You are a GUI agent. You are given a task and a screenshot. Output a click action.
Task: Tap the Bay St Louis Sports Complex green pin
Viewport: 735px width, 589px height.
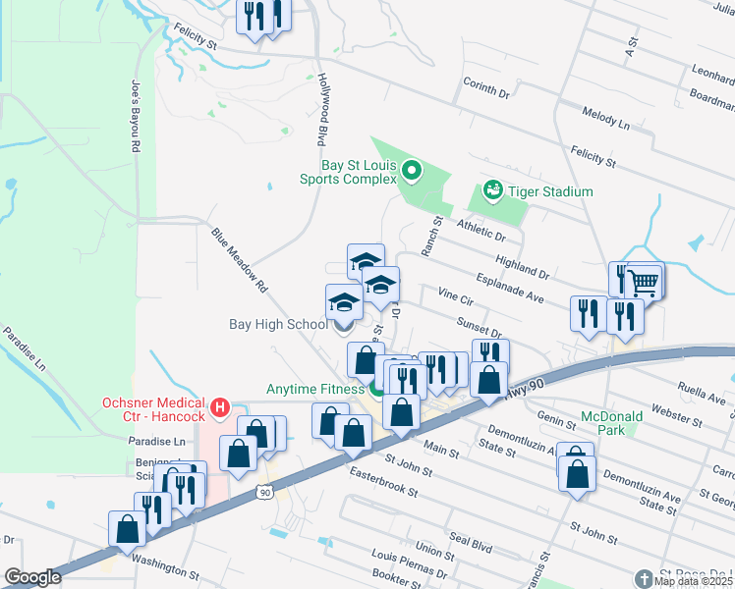click(x=413, y=174)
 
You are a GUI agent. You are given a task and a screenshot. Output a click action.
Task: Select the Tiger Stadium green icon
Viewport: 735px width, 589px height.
click(x=493, y=189)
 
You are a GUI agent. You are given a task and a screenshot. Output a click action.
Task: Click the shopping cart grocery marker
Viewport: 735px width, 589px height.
click(x=643, y=282)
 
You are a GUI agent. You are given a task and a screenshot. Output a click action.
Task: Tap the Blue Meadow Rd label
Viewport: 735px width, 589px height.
click(x=239, y=262)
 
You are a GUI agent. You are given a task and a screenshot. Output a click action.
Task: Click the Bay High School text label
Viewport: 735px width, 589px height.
click(x=278, y=324)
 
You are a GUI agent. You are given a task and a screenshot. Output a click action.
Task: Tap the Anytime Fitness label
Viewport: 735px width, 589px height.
click(x=311, y=388)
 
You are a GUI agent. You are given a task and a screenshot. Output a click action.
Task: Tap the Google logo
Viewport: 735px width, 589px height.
click(x=32, y=576)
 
